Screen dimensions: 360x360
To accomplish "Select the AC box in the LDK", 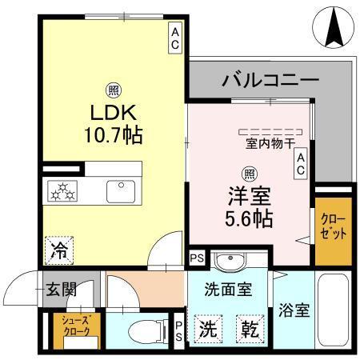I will pos(174,37).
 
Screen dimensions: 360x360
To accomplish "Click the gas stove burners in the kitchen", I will pos(63,191).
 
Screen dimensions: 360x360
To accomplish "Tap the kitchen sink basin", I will pos(122,191).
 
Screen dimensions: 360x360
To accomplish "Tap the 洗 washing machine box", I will pos(207,329).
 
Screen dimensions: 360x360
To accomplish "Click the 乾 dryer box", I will pos(246,329).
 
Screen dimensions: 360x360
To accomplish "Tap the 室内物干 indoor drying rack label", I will pos(271,145).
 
